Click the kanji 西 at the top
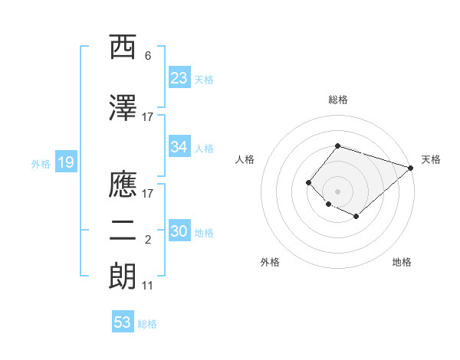point(123,48)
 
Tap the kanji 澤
point(123,108)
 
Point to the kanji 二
point(123,233)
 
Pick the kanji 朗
point(123,277)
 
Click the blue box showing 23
point(179,77)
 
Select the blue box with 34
point(179,147)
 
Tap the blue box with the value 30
point(179,231)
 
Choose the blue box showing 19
point(65,162)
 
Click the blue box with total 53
point(123,322)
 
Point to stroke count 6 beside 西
point(148,56)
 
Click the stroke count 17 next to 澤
point(147,117)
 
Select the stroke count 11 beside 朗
point(147,286)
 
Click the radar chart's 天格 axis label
point(431,159)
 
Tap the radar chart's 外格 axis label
point(270,262)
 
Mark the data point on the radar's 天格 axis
point(412,168)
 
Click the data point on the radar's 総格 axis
point(337,146)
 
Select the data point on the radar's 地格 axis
point(356,217)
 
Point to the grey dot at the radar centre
point(337,191)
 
